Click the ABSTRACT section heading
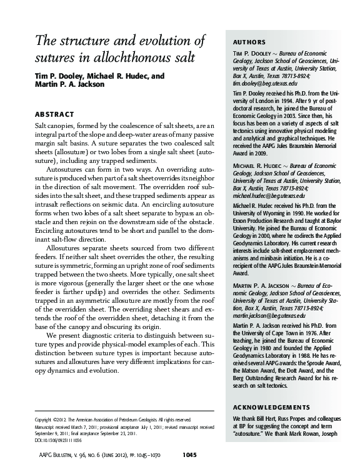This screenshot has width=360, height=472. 56,115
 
